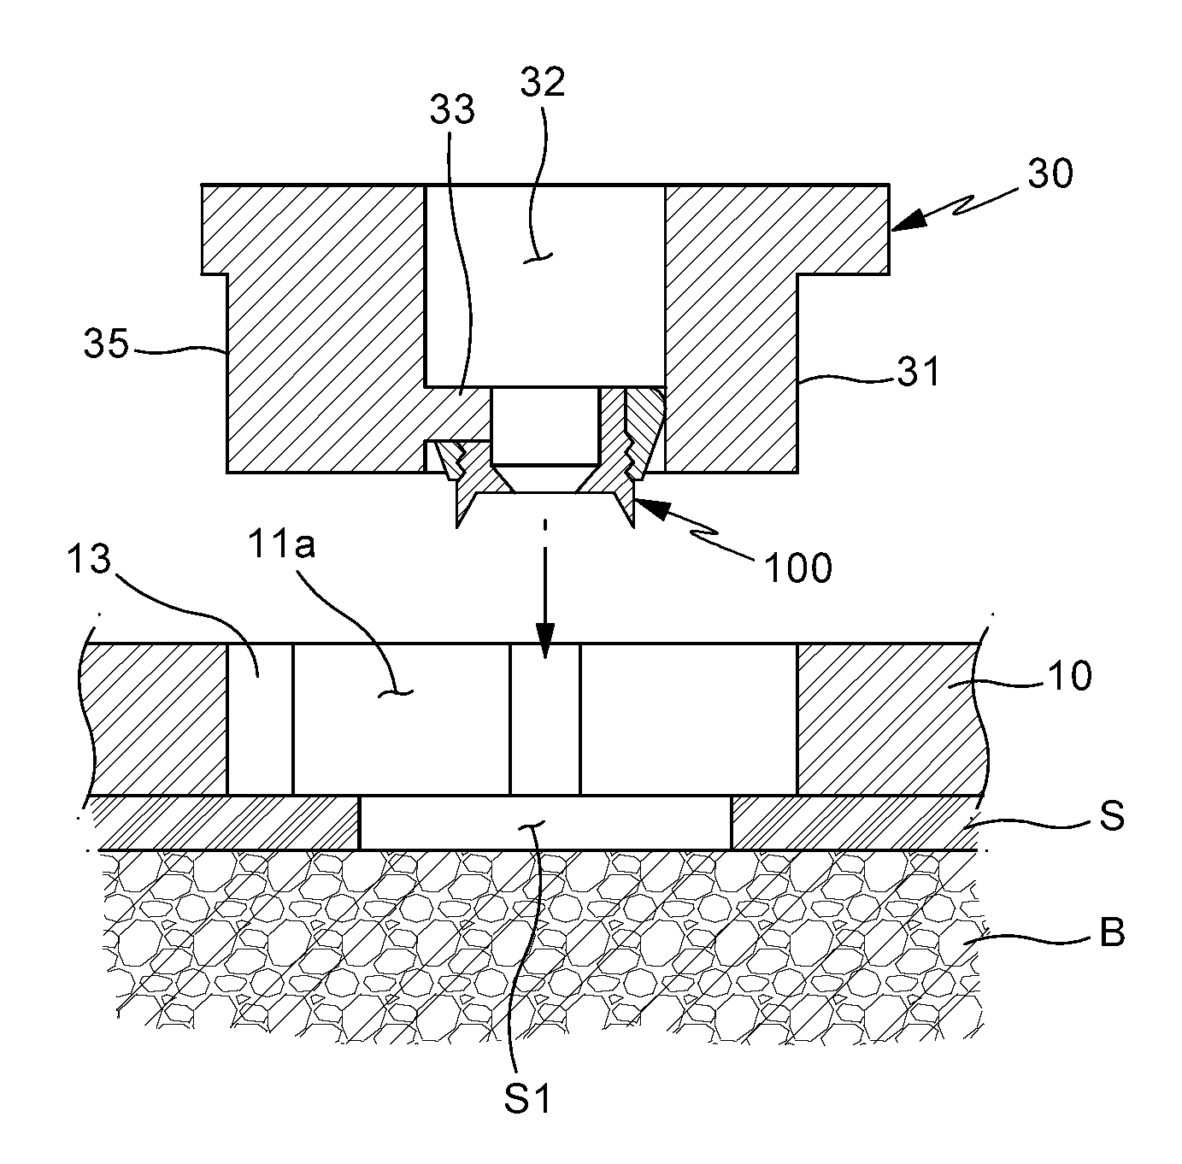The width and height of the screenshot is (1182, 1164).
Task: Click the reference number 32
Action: tap(542, 82)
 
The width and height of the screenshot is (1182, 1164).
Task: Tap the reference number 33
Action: tap(452, 109)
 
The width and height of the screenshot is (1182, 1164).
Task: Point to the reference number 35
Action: tap(107, 343)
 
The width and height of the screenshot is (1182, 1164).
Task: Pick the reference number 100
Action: tap(798, 567)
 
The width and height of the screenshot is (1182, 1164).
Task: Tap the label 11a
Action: tap(281, 544)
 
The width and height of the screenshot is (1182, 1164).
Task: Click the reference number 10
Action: tap(1071, 675)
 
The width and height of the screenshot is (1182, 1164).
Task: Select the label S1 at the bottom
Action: tap(527, 1097)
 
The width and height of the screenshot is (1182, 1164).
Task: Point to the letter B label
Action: tap(1112, 932)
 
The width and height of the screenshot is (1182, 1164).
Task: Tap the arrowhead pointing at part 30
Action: tap(908, 219)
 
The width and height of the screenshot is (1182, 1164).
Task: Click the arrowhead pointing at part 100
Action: tap(650, 509)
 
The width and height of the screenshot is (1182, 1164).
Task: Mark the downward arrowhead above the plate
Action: tap(544, 641)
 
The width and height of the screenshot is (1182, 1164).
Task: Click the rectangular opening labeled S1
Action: tap(545, 823)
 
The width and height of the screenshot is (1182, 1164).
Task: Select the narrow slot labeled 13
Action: tap(260, 719)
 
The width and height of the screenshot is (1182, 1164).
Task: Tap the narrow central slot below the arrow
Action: tap(545, 719)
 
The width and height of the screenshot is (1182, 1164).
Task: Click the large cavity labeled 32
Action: tap(544, 286)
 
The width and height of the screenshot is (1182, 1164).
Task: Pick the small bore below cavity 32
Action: tap(544, 426)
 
